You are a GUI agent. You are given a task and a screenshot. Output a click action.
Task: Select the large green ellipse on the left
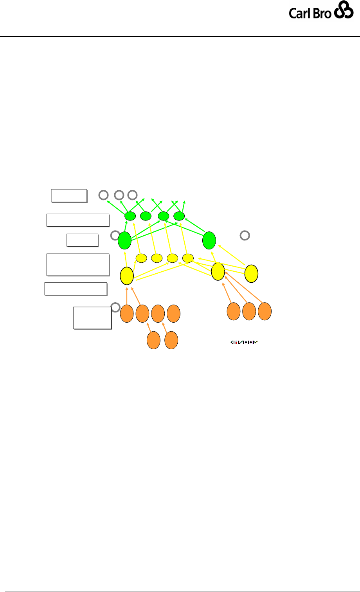point(124,240)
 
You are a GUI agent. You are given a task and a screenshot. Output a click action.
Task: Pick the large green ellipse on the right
point(209,240)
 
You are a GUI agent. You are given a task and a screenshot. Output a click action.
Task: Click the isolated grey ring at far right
point(244,235)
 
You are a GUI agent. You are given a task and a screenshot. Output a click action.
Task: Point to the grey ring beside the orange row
point(115,307)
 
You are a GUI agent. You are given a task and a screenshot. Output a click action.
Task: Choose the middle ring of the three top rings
point(119,194)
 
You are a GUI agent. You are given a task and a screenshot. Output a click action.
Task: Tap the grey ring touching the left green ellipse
point(115,235)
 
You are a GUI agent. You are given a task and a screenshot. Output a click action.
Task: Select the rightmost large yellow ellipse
point(251,273)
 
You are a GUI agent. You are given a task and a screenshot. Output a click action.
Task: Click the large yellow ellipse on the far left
point(127,276)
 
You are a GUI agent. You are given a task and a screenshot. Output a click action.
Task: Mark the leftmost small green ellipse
point(130,216)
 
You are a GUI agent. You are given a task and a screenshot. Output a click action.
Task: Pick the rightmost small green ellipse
point(179,216)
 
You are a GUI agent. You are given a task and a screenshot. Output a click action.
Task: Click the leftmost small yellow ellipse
point(141,258)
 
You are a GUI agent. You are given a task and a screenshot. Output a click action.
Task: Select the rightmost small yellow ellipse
point(188,258)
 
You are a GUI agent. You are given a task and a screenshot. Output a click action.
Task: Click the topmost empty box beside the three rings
point(69,195)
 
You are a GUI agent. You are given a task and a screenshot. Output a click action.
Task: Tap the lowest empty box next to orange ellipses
point(92,318)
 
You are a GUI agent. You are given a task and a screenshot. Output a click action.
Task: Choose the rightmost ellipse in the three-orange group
point(265,311)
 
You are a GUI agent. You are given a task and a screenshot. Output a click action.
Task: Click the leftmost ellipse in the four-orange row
point(126,314)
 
